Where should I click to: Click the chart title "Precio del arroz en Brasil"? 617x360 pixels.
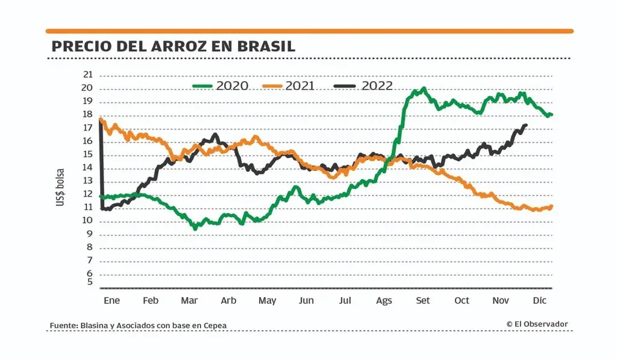click(173, 46)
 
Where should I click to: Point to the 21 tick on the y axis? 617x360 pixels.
click(88, 75)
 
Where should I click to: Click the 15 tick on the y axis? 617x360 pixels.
click(88, 154)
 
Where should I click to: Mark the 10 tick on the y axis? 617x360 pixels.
click(88, 221)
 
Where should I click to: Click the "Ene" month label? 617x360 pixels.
click(112, 300)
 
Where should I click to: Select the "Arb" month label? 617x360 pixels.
click(228, 300)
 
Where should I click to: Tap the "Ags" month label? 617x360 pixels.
click(384, 300)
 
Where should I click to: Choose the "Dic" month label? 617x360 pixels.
click(540, 300)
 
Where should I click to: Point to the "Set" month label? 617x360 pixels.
click(423, 300)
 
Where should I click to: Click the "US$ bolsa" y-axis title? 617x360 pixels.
click(61, 188)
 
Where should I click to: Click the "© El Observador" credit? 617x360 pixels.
click(537, 324)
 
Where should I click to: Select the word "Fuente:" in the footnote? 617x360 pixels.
click(63, 326)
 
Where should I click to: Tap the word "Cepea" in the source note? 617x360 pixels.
click(215, 326)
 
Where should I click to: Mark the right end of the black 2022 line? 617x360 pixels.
click(526, 125)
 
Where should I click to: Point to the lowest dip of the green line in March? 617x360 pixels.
click(195, 229)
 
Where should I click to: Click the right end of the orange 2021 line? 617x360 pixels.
click(551, 207)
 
